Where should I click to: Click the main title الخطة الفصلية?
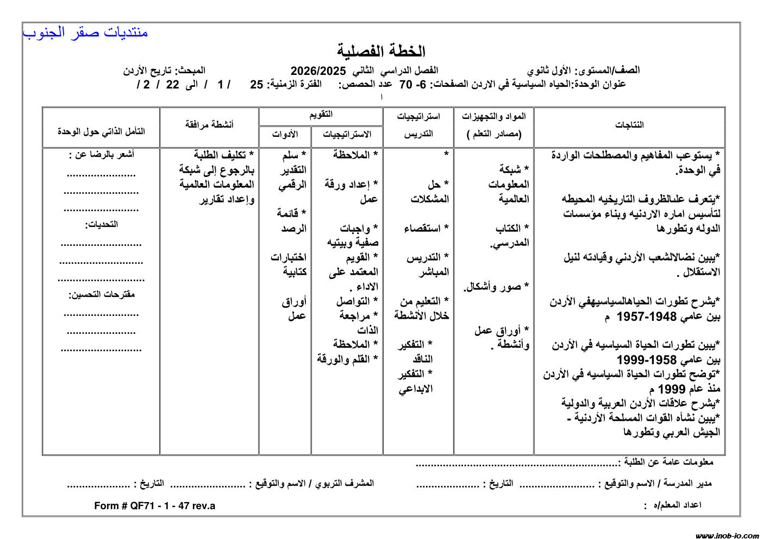(381, 52)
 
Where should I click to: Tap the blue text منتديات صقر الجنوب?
(85, 33)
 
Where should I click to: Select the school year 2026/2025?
(318, 71)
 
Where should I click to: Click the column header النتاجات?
(629, 125)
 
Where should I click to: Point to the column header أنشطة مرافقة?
(209, 125)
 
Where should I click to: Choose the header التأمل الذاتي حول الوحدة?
(101, 131)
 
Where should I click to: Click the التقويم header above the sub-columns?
(321, 115)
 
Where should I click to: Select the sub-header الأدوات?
(285, 135)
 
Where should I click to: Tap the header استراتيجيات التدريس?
(418, 125)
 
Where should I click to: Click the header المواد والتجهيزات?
(494, 117)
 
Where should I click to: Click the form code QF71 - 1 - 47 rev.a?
(155, 506)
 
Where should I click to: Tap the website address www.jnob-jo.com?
(727, 535)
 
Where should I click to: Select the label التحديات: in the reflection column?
(101, 224)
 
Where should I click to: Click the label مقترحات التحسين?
(101, 295)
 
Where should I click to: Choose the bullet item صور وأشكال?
(496, 287)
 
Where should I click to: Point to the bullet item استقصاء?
(426, 229)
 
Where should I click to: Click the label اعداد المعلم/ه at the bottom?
(677, 505)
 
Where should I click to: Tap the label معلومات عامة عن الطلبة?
(667, 462)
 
